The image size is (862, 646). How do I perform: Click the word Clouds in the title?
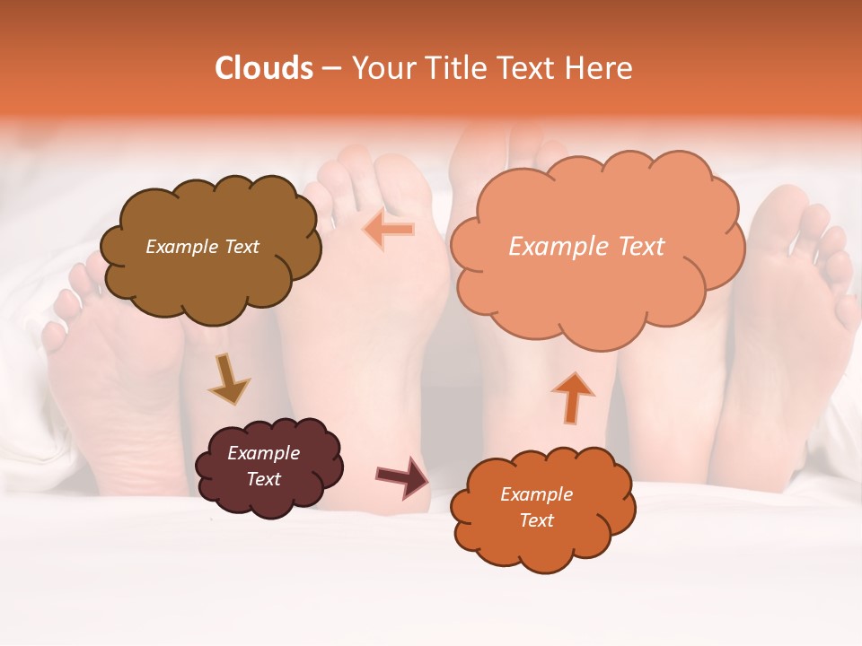tap(264, 68)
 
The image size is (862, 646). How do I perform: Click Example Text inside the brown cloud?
tap(202, 247)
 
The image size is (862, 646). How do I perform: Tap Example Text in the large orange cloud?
tap(586, 247)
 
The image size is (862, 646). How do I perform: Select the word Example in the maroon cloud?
tap(263, 453)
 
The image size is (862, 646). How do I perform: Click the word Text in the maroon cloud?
tap(263, 479)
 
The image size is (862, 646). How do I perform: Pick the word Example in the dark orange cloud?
tap(536, 494)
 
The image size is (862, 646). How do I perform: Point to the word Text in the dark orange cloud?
tap(536, 520)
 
